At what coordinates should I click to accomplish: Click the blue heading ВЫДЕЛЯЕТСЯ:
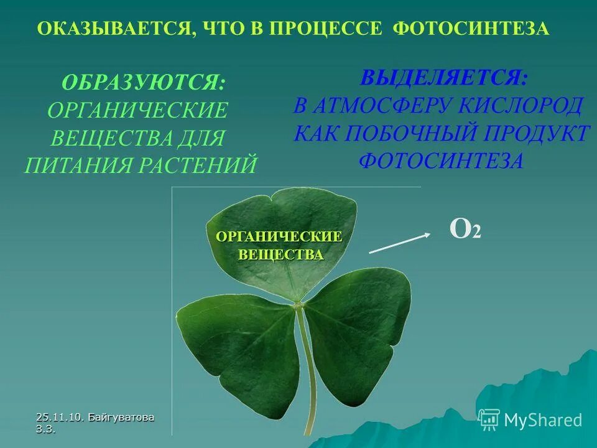[x=444, y=77]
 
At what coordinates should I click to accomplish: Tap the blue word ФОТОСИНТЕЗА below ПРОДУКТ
[x=442, y=161]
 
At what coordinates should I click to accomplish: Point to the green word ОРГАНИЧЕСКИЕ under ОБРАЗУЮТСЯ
[x=137, y=111]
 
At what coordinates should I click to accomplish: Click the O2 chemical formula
[x=465, y=230]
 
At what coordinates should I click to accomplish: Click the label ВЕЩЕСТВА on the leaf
[x=281, y=254]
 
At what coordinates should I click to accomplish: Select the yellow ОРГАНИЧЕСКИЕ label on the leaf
[x=279, y=237]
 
